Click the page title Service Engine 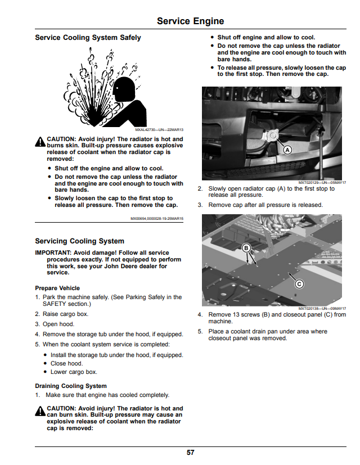(190, 21)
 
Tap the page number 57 (190, 452)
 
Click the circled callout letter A (287, 150)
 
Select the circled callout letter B (246, 248)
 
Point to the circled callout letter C (299, 284)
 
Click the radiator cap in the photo (272, 137)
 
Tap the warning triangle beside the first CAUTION (40, 142)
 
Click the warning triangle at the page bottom (40, 412)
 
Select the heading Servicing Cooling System (79, 241)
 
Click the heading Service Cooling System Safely (88, 38)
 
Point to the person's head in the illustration (124, 89)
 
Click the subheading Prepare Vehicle (57, 288)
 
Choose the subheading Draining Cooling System (71, 386)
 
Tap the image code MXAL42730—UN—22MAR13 (159, 129)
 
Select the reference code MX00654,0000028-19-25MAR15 (157, 219)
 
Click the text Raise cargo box (66, 314)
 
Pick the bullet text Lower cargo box (74, 372)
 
